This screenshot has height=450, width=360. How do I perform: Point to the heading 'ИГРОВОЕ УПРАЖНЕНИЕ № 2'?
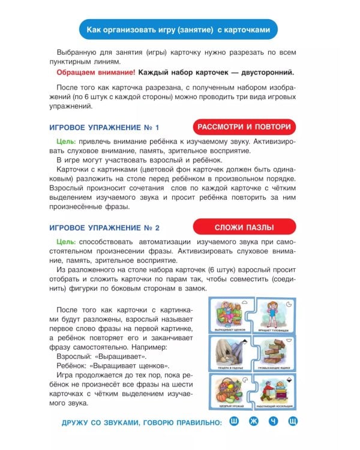(x=104, y=229)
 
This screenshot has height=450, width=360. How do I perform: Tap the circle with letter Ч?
(x=273, y=422)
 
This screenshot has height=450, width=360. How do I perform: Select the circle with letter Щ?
(x=292, y=422)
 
